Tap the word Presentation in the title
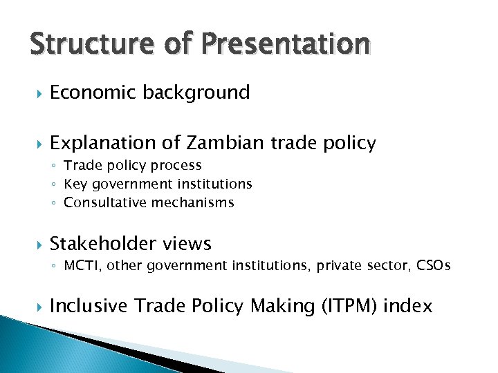(x=286, y=44)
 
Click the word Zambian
(x=224, y=143)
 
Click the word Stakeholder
(x=102, y=244)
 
